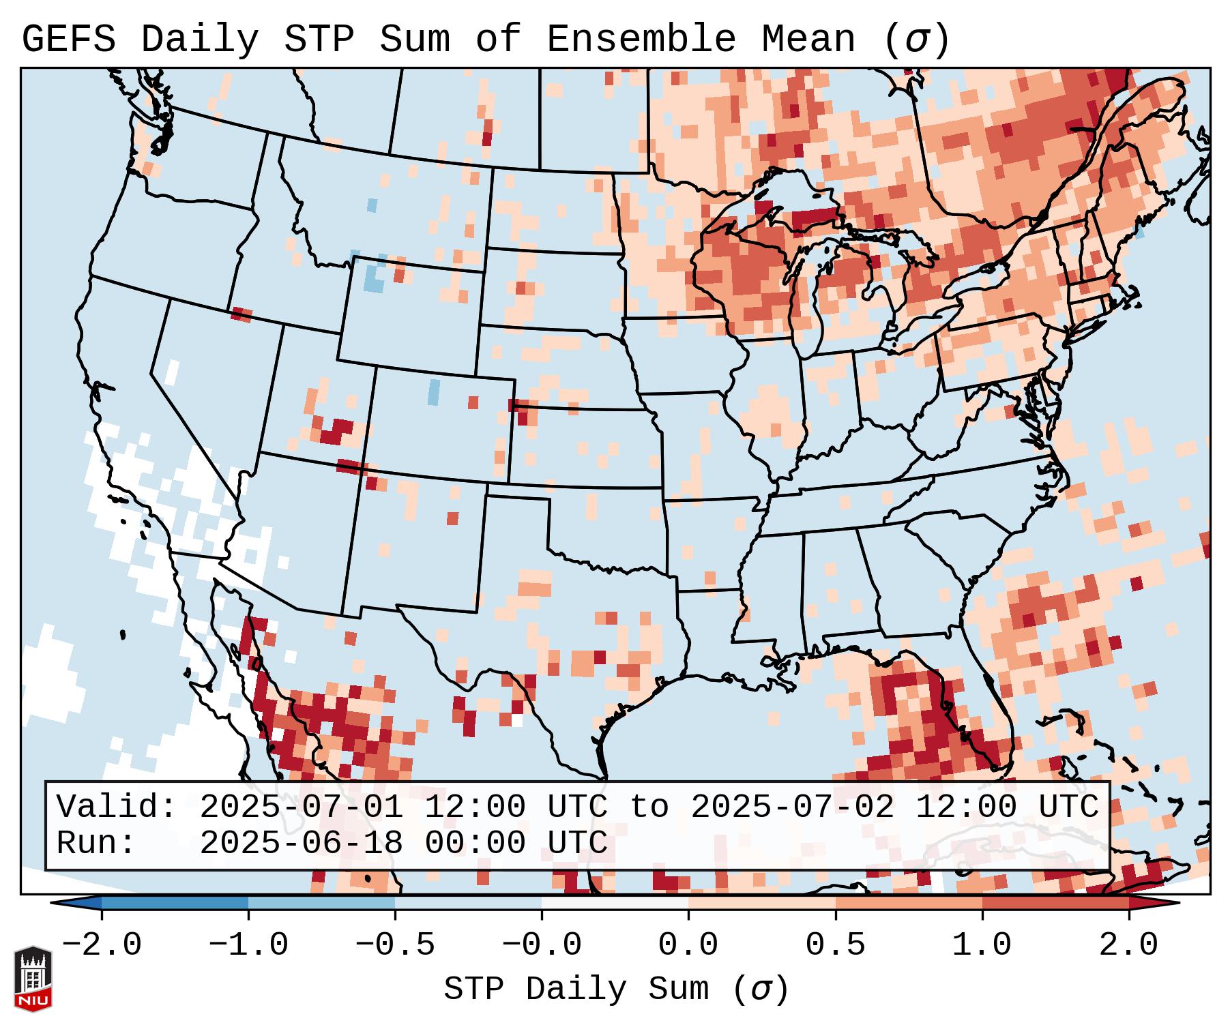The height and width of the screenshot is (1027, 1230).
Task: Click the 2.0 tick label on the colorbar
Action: click(1128, 945)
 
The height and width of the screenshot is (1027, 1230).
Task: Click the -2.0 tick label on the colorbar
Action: click(102, 945)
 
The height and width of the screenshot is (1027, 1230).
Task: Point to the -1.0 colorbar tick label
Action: click(248, 945)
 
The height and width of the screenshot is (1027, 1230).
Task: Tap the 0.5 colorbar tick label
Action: click(835, 945)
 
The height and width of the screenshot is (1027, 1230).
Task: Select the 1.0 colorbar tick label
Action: click(982, 945)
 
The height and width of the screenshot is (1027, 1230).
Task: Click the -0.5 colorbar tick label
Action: click(395, 945)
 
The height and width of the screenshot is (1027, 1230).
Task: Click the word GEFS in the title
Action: click(69, 40)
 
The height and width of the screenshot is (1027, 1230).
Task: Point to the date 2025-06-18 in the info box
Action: click(302, 844)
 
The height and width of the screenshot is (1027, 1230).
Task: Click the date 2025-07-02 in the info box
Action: click(793, 807)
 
